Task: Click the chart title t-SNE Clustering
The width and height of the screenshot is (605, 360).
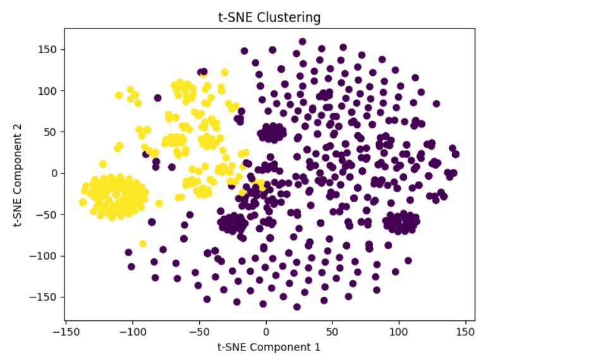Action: (x=269, y=18)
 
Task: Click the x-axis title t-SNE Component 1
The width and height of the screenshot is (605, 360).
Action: (x=269, y=347)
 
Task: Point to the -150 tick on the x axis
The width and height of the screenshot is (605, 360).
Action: (x=66, y=331)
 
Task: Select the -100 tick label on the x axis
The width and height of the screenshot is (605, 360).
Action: (x=132, y=331)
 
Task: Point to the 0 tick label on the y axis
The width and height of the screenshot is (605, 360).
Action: (x=54, y=173)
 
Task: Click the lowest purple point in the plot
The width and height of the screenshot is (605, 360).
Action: (x=296, y=307)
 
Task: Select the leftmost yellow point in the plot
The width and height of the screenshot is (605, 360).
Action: (x=83, y=202)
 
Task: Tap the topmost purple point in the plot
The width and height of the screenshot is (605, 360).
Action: (x=302, y=42)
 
